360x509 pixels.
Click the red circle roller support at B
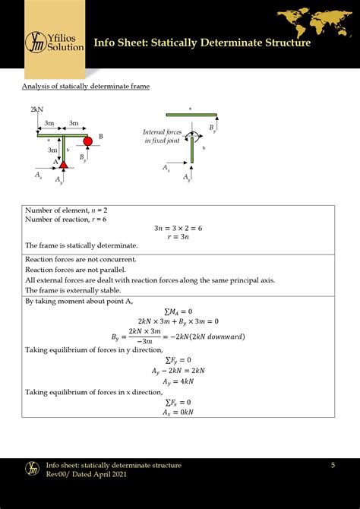pos(88,141)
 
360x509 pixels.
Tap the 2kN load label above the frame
pos(36,109)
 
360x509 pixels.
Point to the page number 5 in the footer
pos(333,464)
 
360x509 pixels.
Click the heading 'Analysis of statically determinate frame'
pos(85,87)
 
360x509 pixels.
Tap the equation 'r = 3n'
pos(179,236)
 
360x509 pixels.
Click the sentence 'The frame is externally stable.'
pos(72,290)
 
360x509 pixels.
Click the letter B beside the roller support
pos(101,135)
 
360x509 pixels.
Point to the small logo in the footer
pos(32,469)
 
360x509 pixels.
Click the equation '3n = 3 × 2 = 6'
pos(179,227)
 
